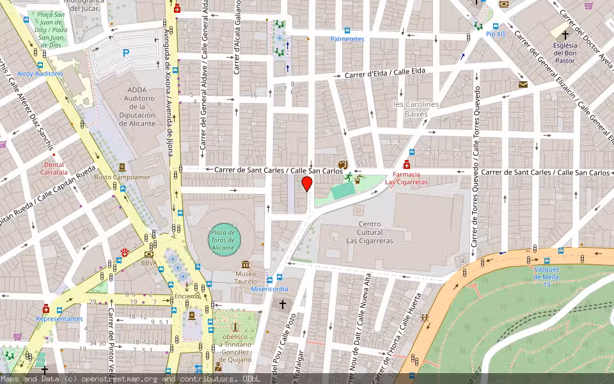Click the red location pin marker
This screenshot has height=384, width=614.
click(307, 184)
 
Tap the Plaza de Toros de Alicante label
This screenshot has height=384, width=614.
click(223, 240)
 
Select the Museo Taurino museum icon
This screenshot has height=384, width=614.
click(246, 264)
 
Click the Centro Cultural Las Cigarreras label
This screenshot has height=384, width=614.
click(370, 232)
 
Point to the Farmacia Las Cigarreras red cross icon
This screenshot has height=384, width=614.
click(407, 164)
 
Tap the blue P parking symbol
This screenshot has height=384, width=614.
click(126, 54)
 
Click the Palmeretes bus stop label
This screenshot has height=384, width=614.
click(347, 39)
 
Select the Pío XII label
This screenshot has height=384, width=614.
click(495, 33)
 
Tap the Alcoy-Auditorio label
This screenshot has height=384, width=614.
click(40, 74)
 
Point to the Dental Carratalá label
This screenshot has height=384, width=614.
click(54, 168)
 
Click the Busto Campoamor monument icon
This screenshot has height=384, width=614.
click(122, 167)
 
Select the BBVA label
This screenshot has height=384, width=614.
click(149, 262)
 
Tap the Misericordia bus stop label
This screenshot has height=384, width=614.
click(269, 289)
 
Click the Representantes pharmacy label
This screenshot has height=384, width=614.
click(59, 319)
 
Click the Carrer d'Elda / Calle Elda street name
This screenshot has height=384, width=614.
click(385, 74)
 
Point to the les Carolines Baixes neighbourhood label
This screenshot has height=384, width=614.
click(416, 109)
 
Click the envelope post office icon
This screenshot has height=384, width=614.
click(523, 84)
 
